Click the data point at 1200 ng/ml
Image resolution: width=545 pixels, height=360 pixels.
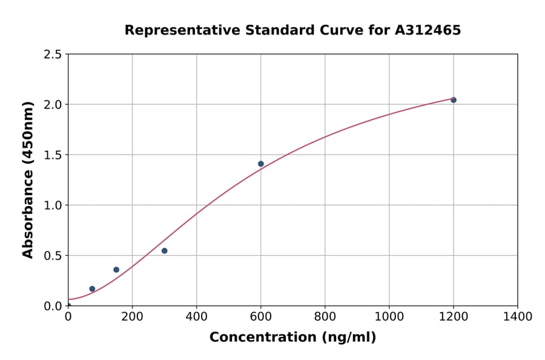pos(454,100)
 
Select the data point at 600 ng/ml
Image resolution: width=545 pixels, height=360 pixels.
pos(261,164)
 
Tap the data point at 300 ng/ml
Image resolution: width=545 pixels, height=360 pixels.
pos(164,251)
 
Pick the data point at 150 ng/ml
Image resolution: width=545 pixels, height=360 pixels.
pos(116,270)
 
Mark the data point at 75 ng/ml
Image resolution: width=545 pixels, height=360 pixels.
pos(92,289)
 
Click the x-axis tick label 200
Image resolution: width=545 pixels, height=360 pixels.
pos(132,316)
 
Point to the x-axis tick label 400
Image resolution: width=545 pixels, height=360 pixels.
pos(196,316)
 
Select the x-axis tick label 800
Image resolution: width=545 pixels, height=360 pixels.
pos(325,316)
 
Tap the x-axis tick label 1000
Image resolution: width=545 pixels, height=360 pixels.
pos(389,316)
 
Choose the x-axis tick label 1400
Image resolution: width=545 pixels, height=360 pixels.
pos(518,316)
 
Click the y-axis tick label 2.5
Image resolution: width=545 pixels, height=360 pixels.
pos(53,55)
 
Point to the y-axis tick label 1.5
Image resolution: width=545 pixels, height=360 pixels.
pos(53,155)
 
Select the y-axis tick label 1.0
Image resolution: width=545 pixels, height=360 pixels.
pos(53,205)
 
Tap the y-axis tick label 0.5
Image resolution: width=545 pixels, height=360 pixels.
pos(53,256)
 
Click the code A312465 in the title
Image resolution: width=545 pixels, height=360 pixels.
pos(428,30)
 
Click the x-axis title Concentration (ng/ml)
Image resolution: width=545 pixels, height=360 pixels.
pos(292,338)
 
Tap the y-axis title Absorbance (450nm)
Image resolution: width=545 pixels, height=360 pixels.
pos(28,180)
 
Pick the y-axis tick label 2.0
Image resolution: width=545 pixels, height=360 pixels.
pos(53,105)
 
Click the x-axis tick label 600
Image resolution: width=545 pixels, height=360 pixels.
pos(261,316)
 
